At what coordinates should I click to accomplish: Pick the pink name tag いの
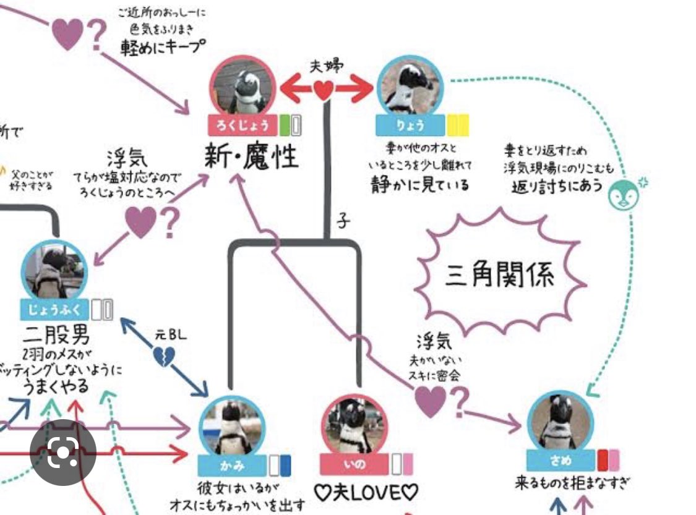tap(355, 464)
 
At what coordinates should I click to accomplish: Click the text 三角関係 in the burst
tap(500, 275)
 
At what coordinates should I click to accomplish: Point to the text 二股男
tap(56, 336)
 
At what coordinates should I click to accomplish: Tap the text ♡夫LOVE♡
tap(366, 493)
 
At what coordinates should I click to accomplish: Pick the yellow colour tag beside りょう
tap(457, 126)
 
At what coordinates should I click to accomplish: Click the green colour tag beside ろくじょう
tap(284, 126)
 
